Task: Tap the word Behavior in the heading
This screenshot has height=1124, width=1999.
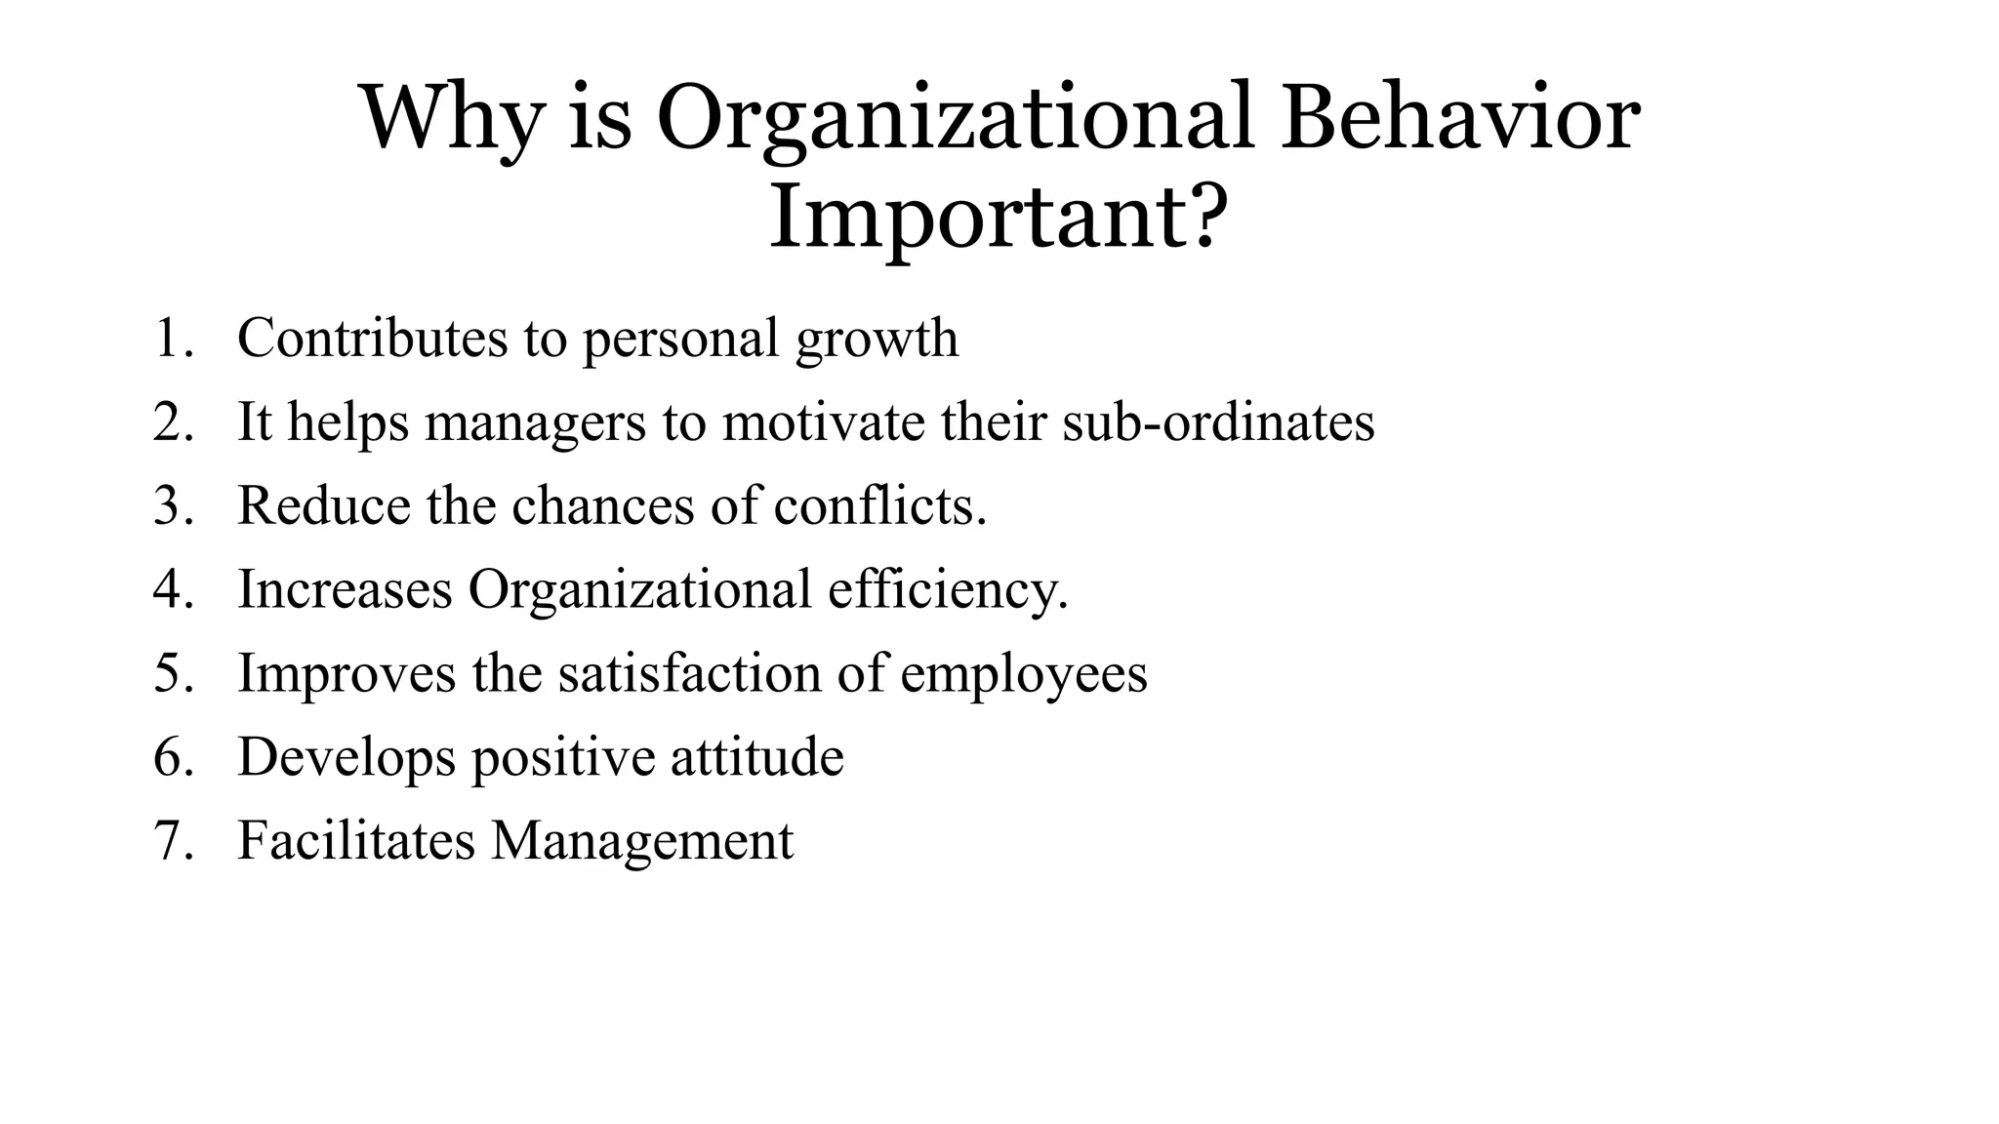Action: coord(1460,118)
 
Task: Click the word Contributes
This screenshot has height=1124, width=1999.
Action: coord(372,339)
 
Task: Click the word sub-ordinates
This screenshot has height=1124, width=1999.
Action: coord(1218,422)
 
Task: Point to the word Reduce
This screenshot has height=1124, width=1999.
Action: coord(324,506)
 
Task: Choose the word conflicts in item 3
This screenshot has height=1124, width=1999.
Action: coord(879,506)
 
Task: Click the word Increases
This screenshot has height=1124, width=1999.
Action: coord(346,590)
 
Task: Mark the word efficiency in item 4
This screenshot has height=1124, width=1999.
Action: coord(947,590)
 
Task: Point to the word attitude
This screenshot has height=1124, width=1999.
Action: coord(756,757)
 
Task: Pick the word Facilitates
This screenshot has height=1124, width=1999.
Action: coord(356,840)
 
